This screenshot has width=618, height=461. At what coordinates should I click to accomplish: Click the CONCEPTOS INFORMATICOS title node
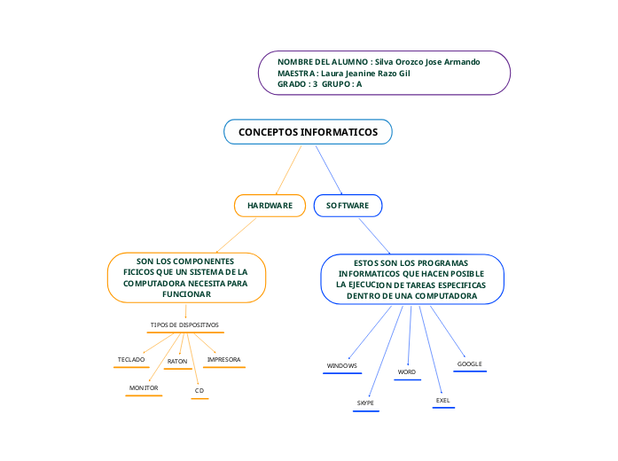[308, 132]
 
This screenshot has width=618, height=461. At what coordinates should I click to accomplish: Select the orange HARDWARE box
[270, 205]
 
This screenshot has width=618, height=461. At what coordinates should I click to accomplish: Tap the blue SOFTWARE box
[348, 205]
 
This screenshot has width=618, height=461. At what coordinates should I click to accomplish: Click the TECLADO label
[131, 359]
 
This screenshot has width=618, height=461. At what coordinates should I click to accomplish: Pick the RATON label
[177, 361]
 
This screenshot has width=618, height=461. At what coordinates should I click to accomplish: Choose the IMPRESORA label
[223, 359]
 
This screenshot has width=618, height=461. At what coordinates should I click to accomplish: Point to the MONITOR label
[144, 387]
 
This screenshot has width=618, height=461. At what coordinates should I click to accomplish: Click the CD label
[199, 390]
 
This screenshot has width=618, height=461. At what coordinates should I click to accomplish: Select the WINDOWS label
[341, 365]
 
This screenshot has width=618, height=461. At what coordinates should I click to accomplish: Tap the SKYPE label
[365, 402]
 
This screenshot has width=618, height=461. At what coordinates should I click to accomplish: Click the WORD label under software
[407, 371]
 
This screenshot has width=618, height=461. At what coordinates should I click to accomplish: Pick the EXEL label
[443, 400]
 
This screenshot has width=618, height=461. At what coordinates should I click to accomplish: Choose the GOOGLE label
[469, 363]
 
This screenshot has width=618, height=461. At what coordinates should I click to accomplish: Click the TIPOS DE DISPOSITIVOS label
[184, 324]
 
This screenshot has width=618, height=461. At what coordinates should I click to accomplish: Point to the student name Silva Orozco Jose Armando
[427, 62]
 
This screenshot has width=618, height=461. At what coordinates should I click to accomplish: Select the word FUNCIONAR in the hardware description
[186, 293]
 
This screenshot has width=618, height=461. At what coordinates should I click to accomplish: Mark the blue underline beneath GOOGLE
[469, 371]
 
